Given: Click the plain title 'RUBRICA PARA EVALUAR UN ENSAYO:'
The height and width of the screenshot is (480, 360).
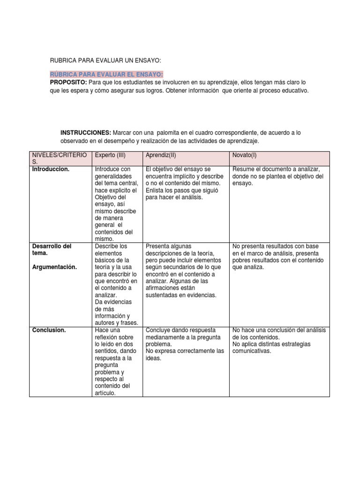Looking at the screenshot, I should [105, 60].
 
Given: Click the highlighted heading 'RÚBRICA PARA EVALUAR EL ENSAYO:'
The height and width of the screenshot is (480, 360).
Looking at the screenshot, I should [106, 75].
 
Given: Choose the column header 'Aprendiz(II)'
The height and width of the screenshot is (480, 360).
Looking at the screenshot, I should [161, 155].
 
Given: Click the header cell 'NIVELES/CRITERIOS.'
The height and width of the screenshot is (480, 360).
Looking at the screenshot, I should [59, 158].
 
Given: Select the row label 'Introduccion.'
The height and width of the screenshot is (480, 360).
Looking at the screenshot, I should [50, 169].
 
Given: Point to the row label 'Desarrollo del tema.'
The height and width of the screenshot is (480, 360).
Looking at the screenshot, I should [52, 249].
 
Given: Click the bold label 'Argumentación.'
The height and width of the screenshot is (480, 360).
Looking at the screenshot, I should [54, 267].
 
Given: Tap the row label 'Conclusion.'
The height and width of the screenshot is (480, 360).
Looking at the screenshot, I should [49, 330].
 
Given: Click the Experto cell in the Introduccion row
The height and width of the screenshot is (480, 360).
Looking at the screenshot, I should [116, 204].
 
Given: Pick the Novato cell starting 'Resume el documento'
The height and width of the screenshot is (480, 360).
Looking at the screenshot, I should [277, 176].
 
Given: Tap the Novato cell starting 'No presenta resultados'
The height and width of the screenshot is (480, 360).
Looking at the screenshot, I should [277, 256].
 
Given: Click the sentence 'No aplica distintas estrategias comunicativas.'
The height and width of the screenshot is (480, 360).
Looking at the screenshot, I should [265, 347].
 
